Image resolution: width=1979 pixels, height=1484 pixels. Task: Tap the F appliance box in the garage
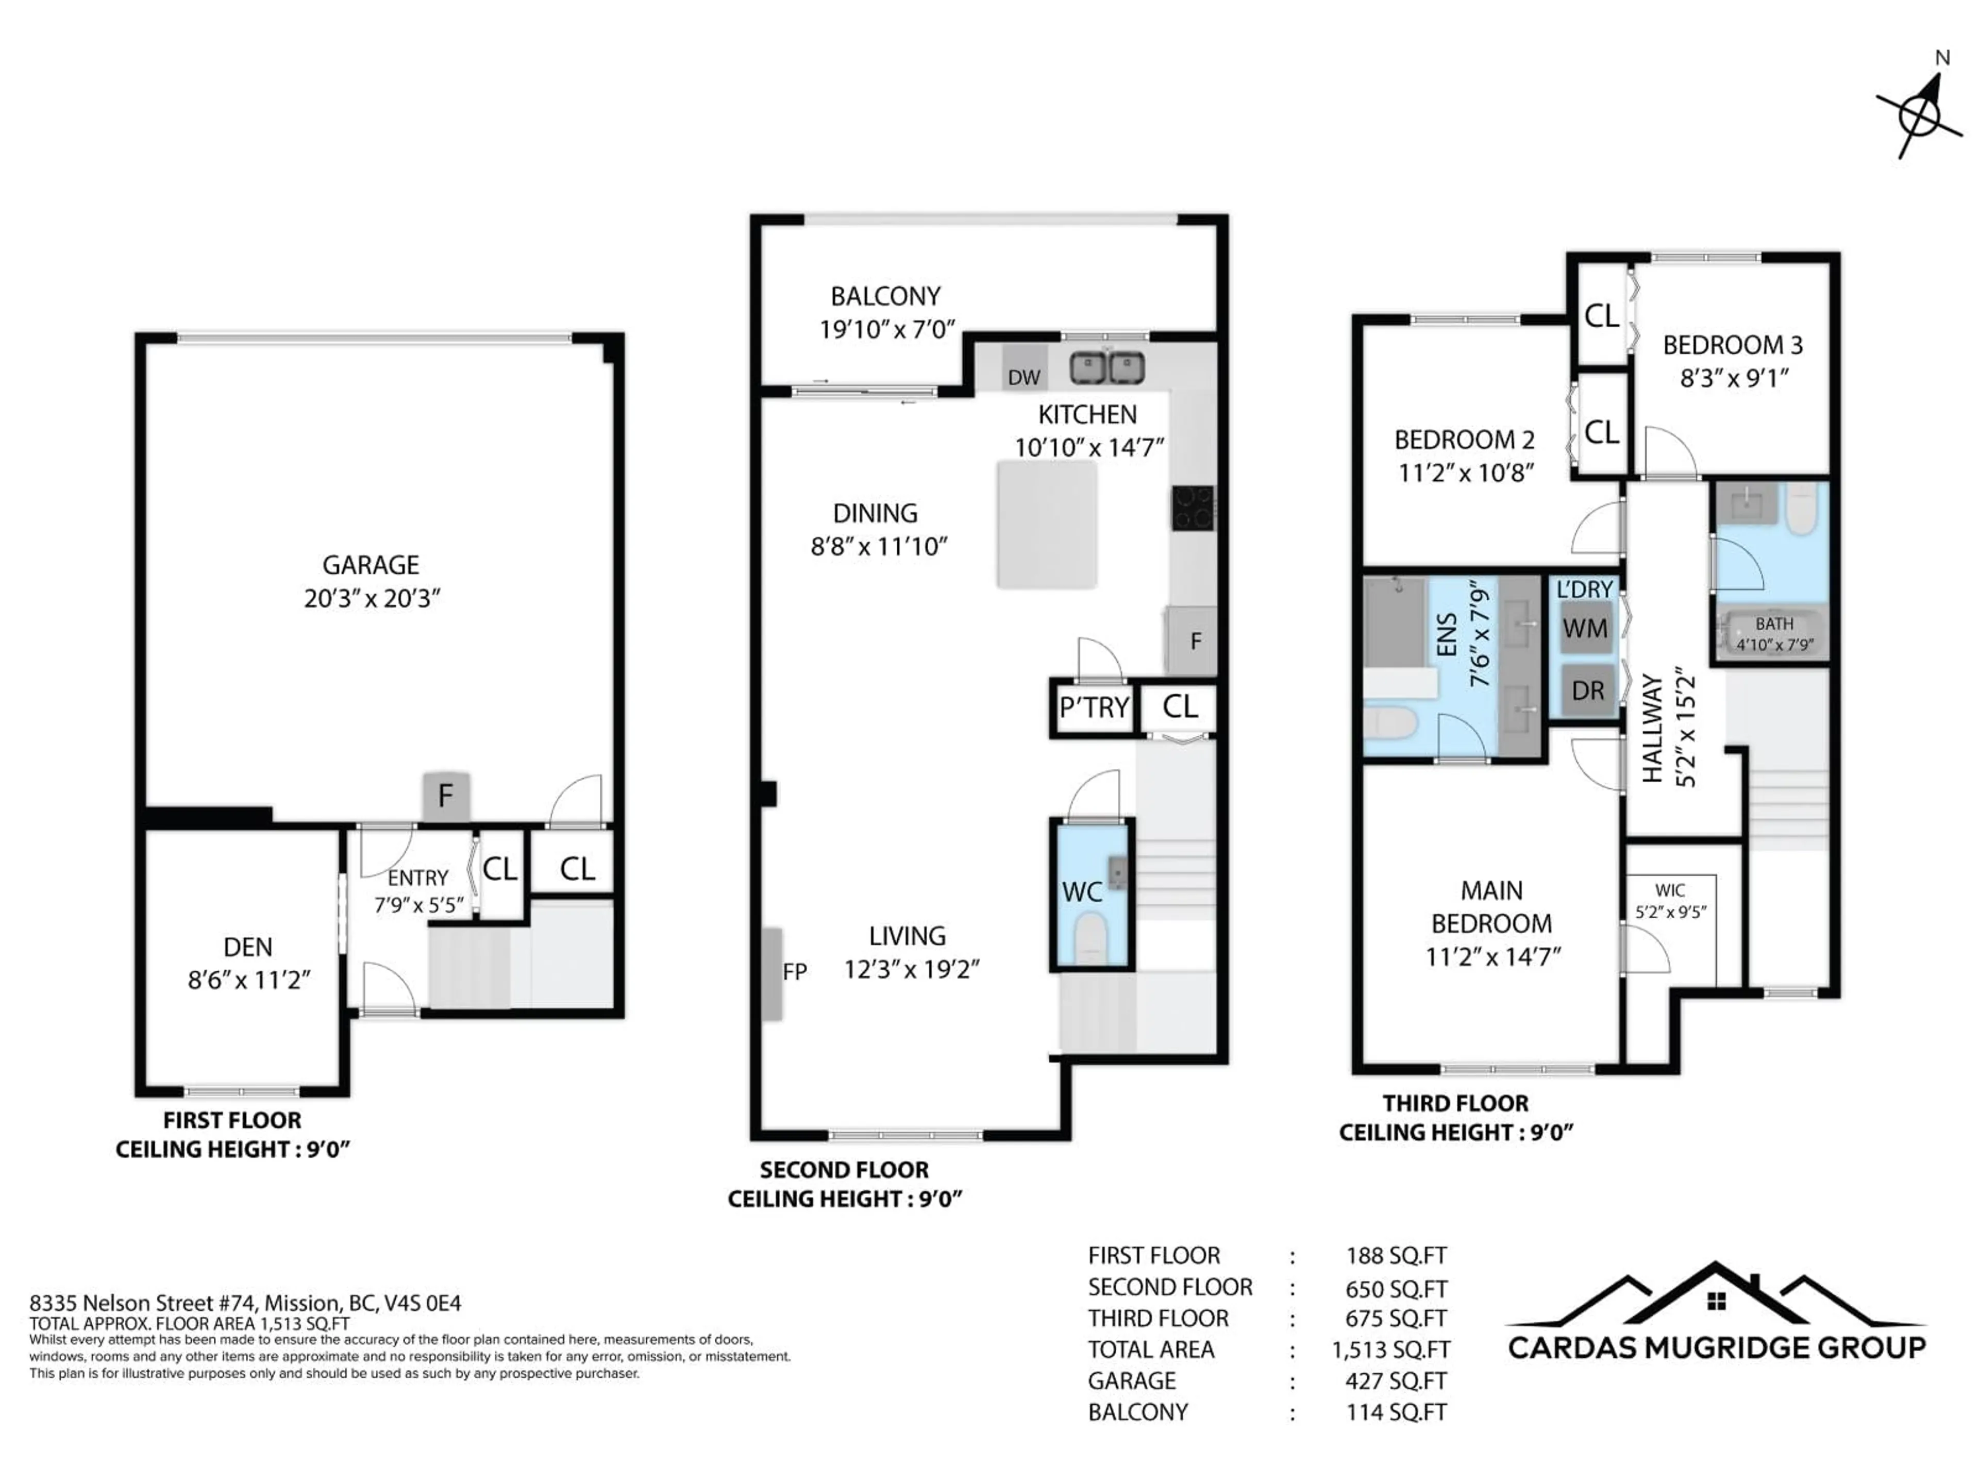[x=446, y=795]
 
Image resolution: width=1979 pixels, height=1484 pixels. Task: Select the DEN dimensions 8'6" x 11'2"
[x=249, y=981]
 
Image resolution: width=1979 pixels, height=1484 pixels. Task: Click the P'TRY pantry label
[x=1093, y=707]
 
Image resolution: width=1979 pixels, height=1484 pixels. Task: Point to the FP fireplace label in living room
[x=795, y=971]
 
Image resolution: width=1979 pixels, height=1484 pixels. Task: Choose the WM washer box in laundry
[x=1584, y=629]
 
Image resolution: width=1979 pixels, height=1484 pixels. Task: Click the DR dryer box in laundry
[x=1587, y=690]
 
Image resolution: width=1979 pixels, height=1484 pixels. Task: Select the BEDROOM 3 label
[x=1732, y=345]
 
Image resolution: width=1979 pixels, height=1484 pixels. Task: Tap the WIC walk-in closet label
[x=1669, y=890]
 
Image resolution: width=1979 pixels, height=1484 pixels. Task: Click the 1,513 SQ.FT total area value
[x=1390, y=1350]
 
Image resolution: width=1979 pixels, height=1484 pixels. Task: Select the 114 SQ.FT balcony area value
[x=1396, y=1412]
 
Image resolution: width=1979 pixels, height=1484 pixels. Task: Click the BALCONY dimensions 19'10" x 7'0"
[x=887, y=330]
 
